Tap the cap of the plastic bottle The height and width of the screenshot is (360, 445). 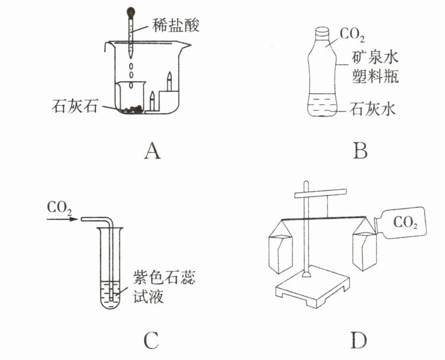pos(322,31)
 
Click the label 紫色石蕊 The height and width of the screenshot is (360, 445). pos(156,279)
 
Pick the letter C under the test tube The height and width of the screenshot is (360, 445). pos(151,343)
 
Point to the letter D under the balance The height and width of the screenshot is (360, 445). pos(359,343)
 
